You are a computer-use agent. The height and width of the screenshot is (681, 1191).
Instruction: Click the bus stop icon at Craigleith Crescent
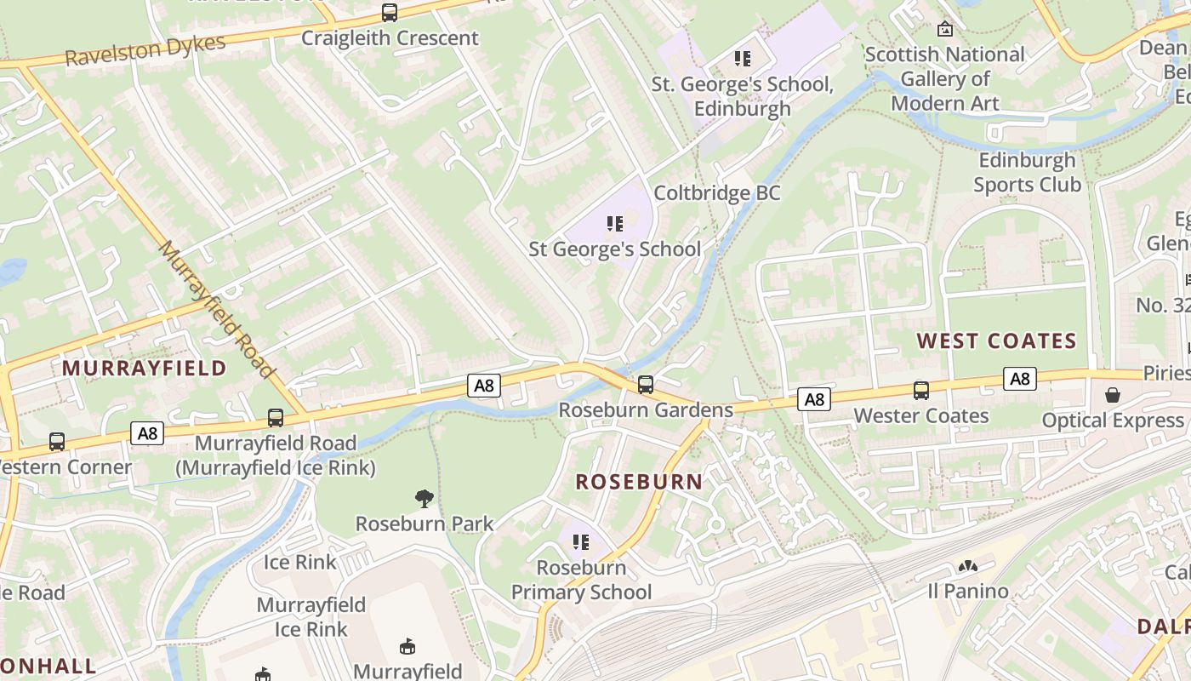click(389, 13)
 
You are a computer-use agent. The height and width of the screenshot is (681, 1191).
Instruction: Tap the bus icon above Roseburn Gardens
click(646, 385)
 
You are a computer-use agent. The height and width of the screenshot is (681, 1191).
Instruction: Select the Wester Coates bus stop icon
click(921, 391)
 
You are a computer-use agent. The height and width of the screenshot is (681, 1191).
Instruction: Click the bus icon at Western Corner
click(57, 442)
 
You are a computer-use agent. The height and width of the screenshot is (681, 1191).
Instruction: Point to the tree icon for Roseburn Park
click(424, 499)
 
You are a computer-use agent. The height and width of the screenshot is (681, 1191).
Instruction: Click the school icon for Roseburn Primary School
click(581, 542)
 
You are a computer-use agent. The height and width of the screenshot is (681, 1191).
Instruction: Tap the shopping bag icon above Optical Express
click(1112, 395)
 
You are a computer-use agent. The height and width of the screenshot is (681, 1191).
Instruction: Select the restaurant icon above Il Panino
click(967, 566)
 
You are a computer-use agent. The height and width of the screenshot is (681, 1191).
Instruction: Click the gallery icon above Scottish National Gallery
click(944, 30)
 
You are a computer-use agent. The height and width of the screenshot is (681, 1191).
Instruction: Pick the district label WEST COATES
click(996, 341)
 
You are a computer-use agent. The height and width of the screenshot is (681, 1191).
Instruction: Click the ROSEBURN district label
click(639, 482)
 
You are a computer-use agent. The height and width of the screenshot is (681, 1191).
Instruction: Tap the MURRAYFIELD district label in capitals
click(145, 369)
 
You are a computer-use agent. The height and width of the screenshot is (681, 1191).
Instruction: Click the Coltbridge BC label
click(716, 193)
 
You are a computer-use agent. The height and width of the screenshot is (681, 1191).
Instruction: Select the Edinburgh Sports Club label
click(1027, 172)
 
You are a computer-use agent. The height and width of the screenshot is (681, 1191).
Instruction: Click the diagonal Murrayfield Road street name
click(217, 309)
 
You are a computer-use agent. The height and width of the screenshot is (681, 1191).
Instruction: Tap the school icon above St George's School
click(615, 224)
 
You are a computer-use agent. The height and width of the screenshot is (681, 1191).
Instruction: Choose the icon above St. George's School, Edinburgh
click(743, 59)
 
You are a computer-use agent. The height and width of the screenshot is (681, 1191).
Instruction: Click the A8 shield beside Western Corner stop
click(148, 433)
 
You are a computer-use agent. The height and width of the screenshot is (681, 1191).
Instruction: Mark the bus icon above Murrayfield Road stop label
click(276, 418)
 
